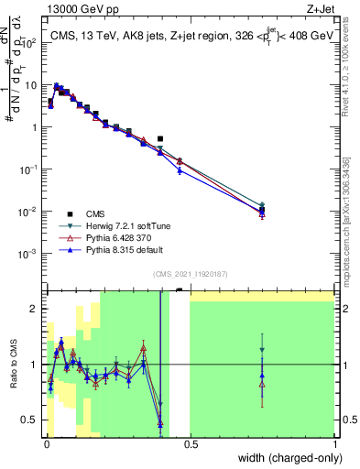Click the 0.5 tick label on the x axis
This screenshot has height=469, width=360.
pyautogui.click(x=191, y=444)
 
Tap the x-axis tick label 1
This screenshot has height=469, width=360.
pyautogui.click(x=334, y=444)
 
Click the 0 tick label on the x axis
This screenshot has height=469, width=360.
pyautogui.click(x=47, y=444)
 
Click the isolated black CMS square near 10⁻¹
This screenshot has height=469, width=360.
pyautogui.click(x=160, y=139)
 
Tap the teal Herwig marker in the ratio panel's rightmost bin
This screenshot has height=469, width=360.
pyautogui.click(x=262, y=350)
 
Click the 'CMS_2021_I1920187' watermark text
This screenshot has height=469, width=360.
pyautogui.click(x=189, y=274)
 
